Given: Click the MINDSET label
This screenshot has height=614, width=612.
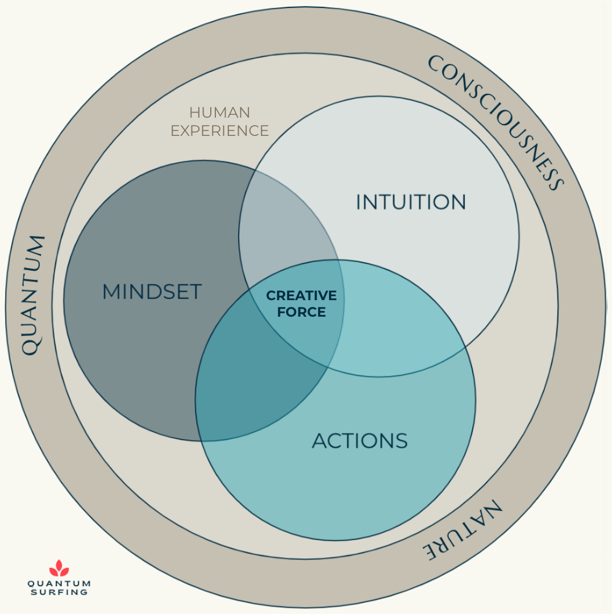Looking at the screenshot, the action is click(x=152, y=292).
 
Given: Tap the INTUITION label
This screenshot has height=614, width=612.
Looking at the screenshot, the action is click(x=411, y=202).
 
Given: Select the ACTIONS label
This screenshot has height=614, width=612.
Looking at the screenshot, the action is click(x=360, y=441).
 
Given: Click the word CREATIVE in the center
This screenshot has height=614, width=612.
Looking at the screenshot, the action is click(x=301, y=295).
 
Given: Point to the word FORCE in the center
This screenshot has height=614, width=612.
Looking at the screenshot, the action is click(x=301, y=312).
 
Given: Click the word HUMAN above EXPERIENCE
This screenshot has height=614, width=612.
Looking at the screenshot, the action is click(x=219, y=113).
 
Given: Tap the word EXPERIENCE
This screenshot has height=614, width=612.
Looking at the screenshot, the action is click(x=219, y=131).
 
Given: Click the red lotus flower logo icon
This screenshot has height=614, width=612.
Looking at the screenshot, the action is click(x=59, y=568).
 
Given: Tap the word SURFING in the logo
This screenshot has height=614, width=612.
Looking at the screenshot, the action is click(x=59, y=592).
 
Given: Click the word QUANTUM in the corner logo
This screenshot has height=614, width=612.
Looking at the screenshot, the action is click(x=59, y=583).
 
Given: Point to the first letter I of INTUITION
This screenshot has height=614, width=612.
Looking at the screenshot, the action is click(x=358, y=202).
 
